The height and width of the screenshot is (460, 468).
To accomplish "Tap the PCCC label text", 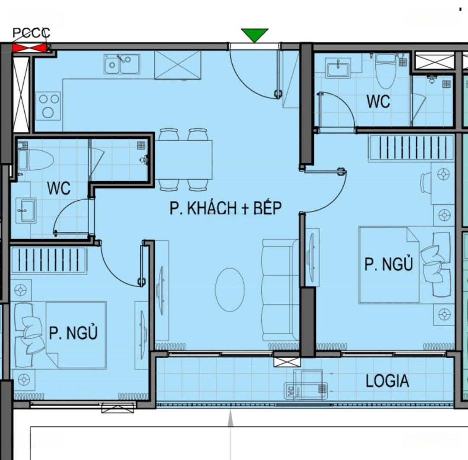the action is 31,33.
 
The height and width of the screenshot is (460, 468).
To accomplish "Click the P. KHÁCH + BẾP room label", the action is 226,208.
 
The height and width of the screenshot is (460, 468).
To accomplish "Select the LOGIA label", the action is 387,381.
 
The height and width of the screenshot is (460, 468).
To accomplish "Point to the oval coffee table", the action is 230,289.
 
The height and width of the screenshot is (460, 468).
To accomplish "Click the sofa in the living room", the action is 280,290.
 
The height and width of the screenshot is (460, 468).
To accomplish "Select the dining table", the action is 183,159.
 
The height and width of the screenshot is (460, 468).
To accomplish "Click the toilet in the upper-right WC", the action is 386,71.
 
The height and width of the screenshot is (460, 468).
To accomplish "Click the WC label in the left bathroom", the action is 58,188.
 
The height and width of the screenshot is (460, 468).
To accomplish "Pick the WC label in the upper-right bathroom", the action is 378,101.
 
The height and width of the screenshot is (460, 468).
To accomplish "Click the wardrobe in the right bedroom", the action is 411,148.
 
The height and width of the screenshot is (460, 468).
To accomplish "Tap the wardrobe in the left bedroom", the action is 49,260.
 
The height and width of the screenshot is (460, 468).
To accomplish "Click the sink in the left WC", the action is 26,210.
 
